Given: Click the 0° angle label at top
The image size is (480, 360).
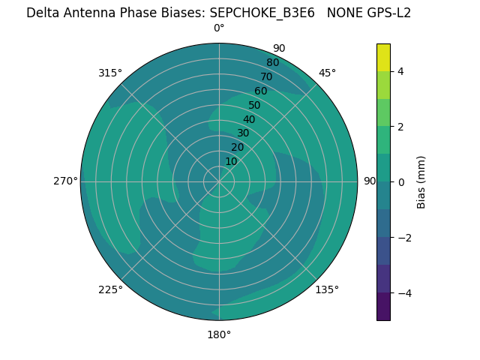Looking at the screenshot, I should [219, 28].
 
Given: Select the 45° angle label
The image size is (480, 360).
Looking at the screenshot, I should [327, 73].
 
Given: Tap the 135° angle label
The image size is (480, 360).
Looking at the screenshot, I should [327, 289].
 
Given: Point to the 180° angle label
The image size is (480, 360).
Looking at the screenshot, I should [219, 334].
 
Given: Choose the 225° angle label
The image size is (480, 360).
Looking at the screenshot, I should [110, 289].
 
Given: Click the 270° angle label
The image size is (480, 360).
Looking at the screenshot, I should [65, 181].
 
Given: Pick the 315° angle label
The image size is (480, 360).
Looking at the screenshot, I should [110, 73].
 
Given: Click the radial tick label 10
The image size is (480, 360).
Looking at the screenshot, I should [231, 161].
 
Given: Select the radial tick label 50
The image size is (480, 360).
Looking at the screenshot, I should [254, 106].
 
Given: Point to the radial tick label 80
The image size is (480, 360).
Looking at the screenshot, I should [272, 63].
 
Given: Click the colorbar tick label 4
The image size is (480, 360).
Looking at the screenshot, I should [400, 71].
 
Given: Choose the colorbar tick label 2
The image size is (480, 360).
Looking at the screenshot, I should [400, 127].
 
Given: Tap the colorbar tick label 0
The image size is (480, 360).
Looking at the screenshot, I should [400, 182].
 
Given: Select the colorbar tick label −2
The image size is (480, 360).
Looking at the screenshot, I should [403, 238].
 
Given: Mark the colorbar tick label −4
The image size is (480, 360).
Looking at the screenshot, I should [403, 293].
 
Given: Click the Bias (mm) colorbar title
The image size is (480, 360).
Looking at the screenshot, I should [421, 182].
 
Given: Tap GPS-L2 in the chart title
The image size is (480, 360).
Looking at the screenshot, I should [385, 13].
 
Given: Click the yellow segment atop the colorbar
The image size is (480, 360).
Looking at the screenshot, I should [384, 58].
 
